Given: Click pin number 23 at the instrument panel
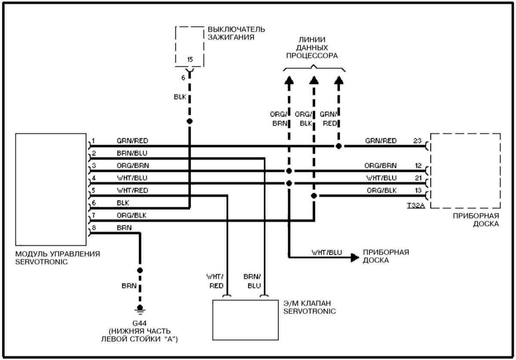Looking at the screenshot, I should point(416,141).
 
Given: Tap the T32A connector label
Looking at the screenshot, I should point(416,206).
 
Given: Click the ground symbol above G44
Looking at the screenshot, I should point(140,308).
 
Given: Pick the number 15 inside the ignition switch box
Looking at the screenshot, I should point(190,59).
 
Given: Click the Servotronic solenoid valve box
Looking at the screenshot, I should point(246,319).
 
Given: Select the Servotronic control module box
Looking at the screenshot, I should point(51,189).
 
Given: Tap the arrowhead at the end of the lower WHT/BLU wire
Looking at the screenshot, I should point(354,258).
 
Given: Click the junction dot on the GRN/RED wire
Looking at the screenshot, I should point(339,146).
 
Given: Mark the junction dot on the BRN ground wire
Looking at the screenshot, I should point(140,270).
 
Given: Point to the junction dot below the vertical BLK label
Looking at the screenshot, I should point(190,121).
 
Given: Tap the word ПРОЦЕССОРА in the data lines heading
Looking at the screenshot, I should point(313,56).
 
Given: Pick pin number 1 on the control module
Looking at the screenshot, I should point(93,141).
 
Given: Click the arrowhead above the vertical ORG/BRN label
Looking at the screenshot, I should point(289,80).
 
